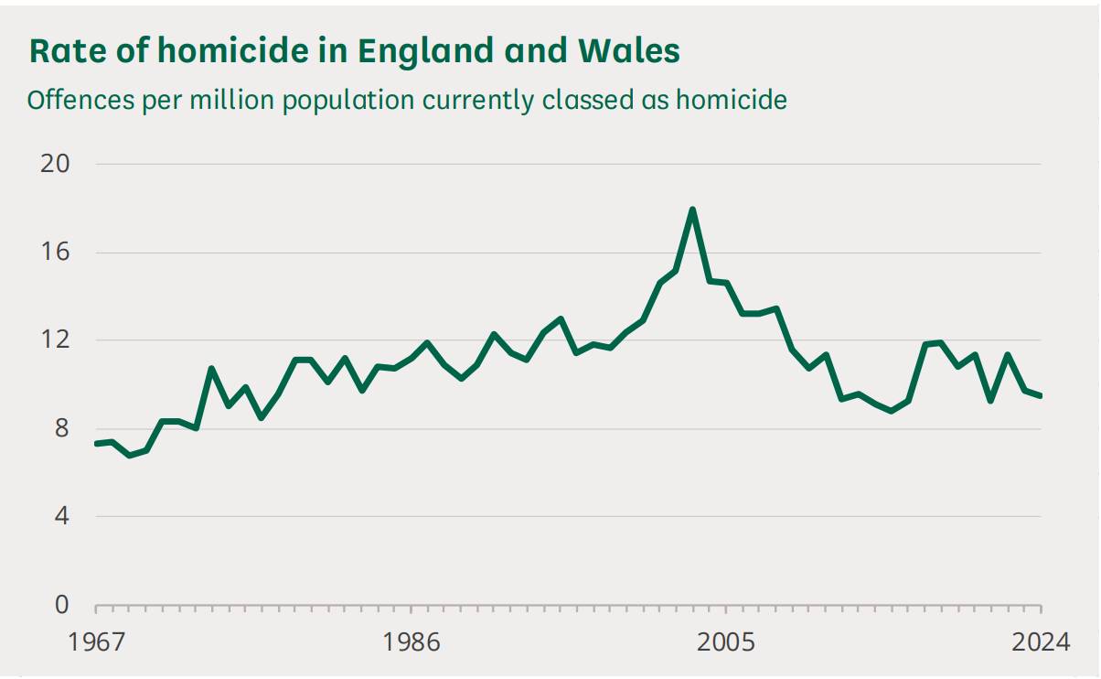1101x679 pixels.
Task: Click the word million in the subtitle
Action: pos(229,100)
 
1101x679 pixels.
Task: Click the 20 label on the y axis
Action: pos(55,164)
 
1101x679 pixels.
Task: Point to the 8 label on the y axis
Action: pos(62,428)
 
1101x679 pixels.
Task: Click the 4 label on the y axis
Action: pos(62,516)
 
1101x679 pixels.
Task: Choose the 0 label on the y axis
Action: pos(62,605)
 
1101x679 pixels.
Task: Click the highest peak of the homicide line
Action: pos(692,210)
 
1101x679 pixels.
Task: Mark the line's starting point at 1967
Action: pos(96,444)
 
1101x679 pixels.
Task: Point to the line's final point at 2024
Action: pos(1041,395)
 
